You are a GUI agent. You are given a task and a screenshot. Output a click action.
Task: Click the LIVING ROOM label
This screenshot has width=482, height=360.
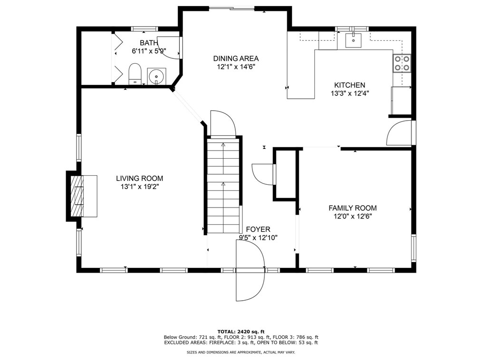140,178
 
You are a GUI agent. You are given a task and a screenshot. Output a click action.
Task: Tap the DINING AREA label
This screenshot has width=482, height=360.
236,58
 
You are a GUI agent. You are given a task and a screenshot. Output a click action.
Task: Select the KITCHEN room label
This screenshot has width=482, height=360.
349,85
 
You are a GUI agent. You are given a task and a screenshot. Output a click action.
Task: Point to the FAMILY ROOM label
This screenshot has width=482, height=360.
353,208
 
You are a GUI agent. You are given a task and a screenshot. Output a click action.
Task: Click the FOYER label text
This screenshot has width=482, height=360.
258,229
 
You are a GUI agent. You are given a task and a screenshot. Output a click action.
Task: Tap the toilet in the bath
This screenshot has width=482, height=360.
135,74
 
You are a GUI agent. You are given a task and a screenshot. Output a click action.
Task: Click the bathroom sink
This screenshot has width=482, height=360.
156,76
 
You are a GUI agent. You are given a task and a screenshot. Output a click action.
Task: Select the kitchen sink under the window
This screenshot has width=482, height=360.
354,40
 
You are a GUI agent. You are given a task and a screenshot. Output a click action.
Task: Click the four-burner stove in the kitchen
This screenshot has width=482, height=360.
402,63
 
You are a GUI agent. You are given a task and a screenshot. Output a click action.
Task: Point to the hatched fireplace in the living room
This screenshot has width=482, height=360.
77,196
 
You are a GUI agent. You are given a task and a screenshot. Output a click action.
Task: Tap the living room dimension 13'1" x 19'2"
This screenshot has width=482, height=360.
140,187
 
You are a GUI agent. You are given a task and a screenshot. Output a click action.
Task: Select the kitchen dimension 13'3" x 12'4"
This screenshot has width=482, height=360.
350,94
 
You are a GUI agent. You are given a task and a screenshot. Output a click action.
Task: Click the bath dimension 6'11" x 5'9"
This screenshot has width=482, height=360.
149,51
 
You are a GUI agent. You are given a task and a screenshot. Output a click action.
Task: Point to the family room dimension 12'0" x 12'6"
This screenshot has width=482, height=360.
353,216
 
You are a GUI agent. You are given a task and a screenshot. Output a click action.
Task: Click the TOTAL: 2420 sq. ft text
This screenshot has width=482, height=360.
241,332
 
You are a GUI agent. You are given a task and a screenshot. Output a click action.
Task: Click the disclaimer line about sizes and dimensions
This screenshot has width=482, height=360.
241,352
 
